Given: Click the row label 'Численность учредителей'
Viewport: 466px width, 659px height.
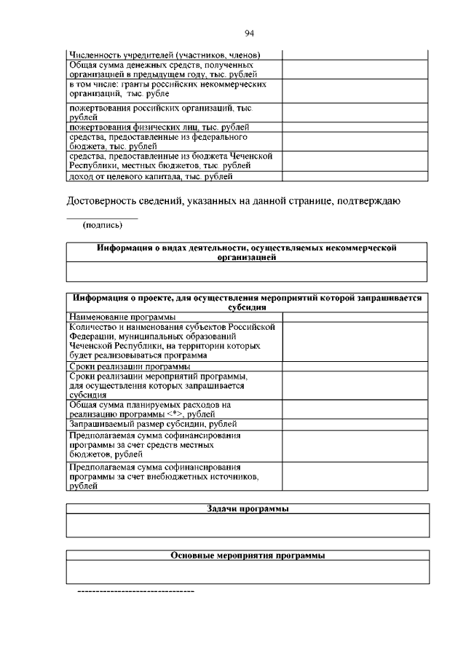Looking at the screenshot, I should tap(165, 55).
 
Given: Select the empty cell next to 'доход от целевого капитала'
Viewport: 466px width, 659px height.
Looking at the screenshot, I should tap(355, 176).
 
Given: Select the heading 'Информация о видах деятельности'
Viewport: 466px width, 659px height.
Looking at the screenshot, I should tap(247, 252).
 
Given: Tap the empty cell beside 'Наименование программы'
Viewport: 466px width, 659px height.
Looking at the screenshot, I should tap(355, 317).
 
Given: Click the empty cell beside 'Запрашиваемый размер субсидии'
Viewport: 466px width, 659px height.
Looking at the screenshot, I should tap(355, 424).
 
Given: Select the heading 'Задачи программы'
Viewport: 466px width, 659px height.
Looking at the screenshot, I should tap(247, 509).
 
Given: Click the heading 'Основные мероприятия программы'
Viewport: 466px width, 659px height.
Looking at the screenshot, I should tap(247, 555).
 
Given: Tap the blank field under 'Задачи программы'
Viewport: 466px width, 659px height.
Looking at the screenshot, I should tap(247, 525).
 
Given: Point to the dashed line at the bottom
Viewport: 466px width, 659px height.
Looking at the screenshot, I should tap(136, 591).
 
